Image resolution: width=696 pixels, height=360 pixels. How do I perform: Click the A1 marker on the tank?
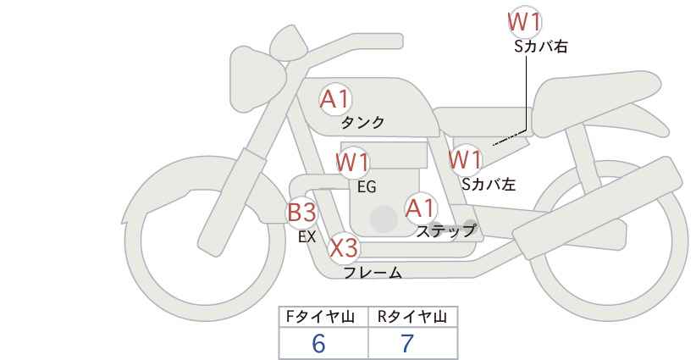point(334,99)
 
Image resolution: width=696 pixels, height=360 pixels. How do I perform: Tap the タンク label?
point(362,123)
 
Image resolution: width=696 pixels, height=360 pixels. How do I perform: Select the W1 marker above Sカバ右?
point(525,22)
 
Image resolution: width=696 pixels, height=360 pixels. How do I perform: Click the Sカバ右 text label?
point(541,47)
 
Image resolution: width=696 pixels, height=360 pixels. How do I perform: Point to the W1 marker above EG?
point(352,162)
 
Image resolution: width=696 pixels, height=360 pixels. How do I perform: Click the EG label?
point(367,187)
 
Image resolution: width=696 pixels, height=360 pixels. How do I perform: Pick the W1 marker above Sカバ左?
point(465,159)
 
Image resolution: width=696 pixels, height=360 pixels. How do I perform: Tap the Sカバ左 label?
point(489,184)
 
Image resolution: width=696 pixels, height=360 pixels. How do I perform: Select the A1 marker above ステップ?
point(421,208)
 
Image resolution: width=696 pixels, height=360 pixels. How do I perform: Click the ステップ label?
point(445,231)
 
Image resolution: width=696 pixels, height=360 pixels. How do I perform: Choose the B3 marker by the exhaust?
point(301,212)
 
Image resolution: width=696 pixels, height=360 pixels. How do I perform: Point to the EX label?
point(307,237)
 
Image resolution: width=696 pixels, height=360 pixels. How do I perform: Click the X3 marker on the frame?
point(344,247)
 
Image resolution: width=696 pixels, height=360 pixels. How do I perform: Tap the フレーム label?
point(373,272)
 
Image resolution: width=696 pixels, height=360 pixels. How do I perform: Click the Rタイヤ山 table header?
point(413,317)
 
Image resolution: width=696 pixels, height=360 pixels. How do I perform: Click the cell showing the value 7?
point(413,343)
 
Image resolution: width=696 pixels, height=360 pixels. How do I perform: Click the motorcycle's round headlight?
point(257,80)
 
